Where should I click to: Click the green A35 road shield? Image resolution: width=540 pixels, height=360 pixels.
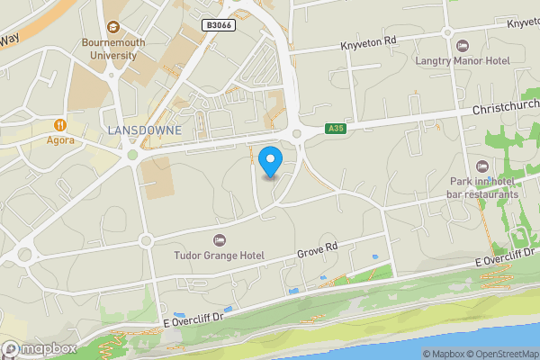[335, 130]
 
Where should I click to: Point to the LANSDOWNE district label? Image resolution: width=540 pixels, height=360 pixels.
[144, 130]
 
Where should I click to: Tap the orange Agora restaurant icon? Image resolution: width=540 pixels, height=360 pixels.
[60, 125]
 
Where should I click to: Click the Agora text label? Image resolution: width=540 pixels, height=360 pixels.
[60, 141]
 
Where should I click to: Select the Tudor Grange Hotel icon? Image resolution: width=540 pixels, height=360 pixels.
[219, 239]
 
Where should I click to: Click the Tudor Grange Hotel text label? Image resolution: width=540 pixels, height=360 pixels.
[219, 255]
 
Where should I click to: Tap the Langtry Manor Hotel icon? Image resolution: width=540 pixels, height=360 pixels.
[463, 45]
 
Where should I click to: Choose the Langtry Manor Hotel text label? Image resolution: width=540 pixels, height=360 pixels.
[463, 60]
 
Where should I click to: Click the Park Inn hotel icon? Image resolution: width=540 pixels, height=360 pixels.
[482, 166]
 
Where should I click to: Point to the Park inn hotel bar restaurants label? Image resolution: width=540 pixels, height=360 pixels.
[484, 186]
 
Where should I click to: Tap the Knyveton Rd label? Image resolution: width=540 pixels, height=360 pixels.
[369, 41]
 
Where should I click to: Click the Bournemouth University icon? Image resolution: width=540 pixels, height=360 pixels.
[113, 27]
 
